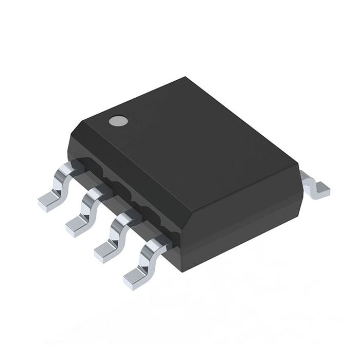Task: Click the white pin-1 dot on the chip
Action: (117, 121)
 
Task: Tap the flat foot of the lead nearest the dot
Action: (49, 202)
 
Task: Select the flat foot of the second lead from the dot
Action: (77, 226)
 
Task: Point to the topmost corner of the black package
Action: (184, 78)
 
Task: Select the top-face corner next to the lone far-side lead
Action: (298, 164)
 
